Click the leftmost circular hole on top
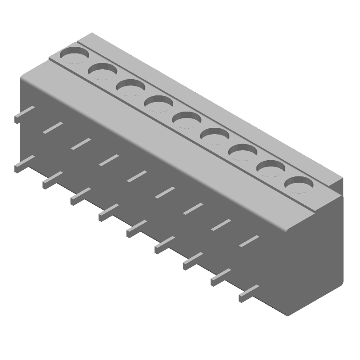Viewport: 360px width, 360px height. [75, 55]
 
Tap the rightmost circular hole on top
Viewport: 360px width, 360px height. [299, 184]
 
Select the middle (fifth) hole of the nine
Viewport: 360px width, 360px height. [186, 120]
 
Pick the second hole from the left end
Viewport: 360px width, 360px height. [103, 71]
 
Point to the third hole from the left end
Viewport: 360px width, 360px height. [130, 87]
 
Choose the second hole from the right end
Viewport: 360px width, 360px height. [271, 169]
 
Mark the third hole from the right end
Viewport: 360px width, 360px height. [243, 152]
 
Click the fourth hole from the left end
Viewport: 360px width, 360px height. [158, 104]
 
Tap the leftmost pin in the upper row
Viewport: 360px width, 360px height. [24, 114]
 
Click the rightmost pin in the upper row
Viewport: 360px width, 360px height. [249, 241]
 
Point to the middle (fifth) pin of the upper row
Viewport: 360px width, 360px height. [137, 176]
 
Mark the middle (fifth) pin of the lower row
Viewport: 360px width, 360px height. [136, 229]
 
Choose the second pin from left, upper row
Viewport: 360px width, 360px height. [53, 127]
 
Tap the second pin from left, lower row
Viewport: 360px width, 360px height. [52, 180]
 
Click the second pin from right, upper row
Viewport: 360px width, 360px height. [221, 225]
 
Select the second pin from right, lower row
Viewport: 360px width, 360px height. [220, 277]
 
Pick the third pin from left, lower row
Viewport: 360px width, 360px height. [80, 196]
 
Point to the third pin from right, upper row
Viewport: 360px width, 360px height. [193, 209]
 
